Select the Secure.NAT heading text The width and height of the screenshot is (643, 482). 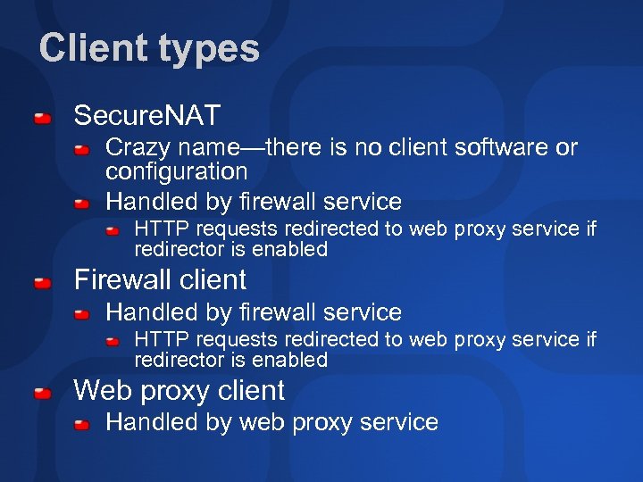tap(146, 115)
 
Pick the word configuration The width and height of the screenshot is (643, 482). tap(176, 170)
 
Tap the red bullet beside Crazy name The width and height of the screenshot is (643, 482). tap(81, 149)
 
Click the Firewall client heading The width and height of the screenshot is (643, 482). tap(160, 279)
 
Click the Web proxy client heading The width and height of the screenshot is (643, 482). tap(179, 390)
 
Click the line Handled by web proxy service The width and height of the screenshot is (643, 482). tap(271, 422)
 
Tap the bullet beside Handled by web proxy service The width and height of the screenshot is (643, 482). tap(81, 424)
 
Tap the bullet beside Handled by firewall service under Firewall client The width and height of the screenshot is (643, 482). tap(81, 314)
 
